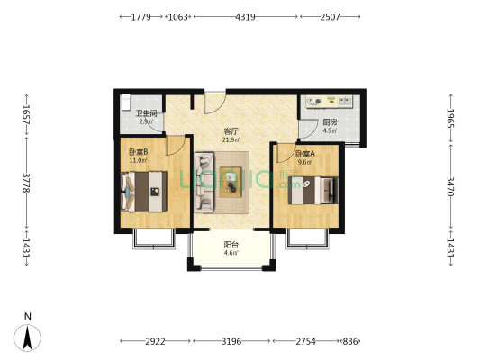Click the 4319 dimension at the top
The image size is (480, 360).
coord(245,17)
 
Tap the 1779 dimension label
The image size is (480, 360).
coord(140,17)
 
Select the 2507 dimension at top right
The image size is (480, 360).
coord(330,17)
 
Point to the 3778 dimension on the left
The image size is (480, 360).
coord(26,183)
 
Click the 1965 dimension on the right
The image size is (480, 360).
coord(450,118)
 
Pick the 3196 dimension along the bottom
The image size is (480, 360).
coord(231,341)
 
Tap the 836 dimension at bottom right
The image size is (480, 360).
coord(350,341)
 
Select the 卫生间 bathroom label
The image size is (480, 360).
coord(146,113)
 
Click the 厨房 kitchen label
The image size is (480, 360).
coord(330,122)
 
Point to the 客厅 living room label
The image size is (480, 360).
coord(231,131)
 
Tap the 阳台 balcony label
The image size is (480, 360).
coord(231,245)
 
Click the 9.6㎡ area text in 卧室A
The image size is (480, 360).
coord(305,162)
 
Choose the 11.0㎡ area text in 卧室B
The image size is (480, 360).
coord(138,160)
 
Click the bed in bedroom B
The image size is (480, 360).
coord(144,192)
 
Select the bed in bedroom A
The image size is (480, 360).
coord(312,190)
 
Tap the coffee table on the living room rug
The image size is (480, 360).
coord(231,182)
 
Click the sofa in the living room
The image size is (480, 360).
coord(204,183)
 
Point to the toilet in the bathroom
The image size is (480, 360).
coord(125,103)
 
